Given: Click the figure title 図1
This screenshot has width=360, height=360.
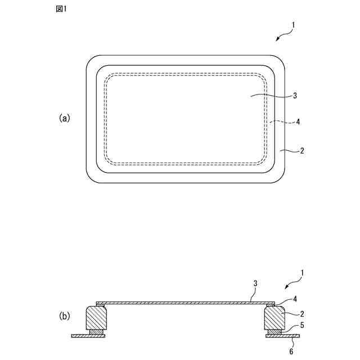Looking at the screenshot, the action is (x=61, y=9).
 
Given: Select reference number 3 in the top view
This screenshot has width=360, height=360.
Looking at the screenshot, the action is (x=295, y=96).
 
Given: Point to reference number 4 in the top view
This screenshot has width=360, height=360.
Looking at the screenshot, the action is (x=298, y=121).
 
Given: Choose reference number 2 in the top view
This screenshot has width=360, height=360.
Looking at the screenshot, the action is (x=302, y=151).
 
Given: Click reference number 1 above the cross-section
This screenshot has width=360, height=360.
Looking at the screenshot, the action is (x=302, y=273).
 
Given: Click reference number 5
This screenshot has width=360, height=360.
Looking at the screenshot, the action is (x=301, y=326).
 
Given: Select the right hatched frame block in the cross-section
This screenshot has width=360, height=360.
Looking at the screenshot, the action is (x=274, y=318).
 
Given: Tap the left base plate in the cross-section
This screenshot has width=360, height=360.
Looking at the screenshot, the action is (x=85, y=336).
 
